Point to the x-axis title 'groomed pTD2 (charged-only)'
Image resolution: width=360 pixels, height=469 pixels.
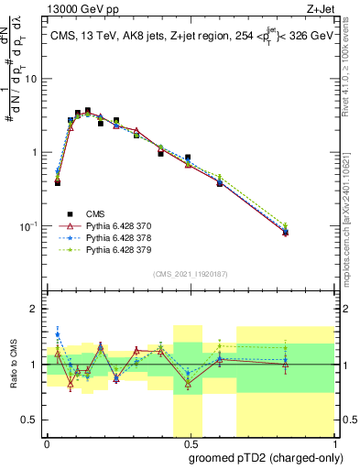click(x=265, y=457)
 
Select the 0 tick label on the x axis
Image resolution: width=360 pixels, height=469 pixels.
click(x=47, y=442)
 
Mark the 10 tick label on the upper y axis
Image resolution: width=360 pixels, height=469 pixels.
click(x=32, y=79)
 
